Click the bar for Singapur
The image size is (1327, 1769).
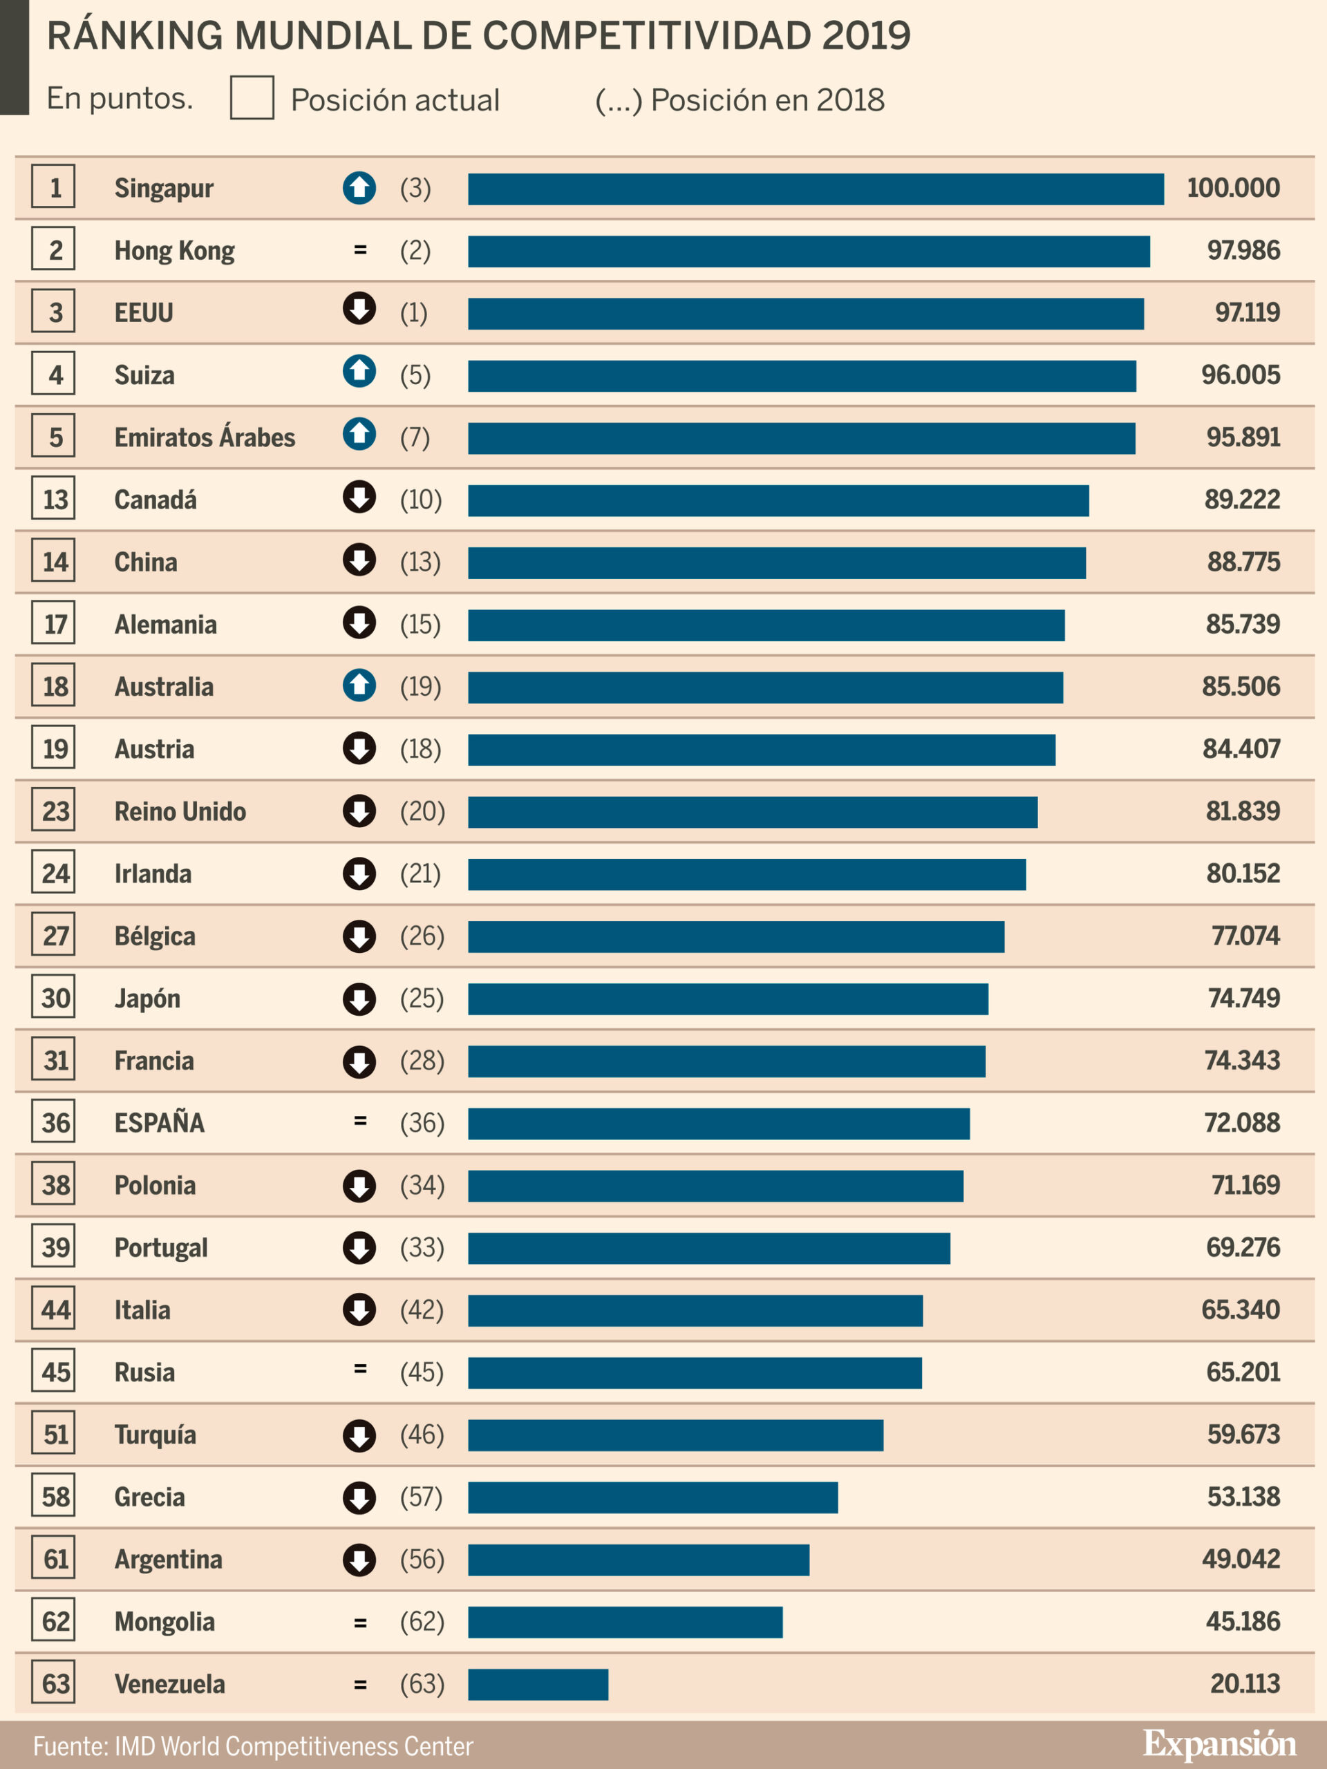click(x=815, y=189)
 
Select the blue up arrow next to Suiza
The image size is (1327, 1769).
click(x=359, y=371)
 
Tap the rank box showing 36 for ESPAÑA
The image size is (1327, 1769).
click(x=54, y=1122)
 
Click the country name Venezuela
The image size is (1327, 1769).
click(x=169, y=1683)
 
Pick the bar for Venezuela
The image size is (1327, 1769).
click(x=538, y=1684)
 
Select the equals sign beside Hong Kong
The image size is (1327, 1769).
click(x=360, y=250)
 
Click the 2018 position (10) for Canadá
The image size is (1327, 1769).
click(x=421, y=500)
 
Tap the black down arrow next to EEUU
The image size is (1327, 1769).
click(x=359, y=309)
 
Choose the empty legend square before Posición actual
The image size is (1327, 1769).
click(x=252, y=98)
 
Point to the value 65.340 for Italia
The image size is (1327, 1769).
click(x=1240, y=1309)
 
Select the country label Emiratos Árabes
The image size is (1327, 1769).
click(x=205, y=437)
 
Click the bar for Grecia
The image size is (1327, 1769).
click(x=652, y=1497)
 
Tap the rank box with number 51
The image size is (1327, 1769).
click(x=54, y=1434)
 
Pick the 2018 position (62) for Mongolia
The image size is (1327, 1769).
click(x=422, y=1621)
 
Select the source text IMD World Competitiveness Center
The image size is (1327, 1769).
click(x=294, y=1746)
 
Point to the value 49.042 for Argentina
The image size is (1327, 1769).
click(x=1240, y=1559)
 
